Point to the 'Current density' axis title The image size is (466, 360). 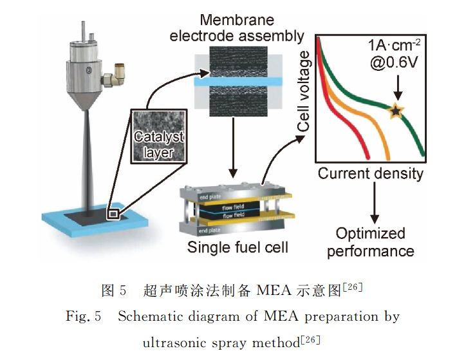[x=371, y=174]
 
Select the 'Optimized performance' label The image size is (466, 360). [x=370, y=242]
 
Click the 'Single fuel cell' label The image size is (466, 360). [x=236, y=248]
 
